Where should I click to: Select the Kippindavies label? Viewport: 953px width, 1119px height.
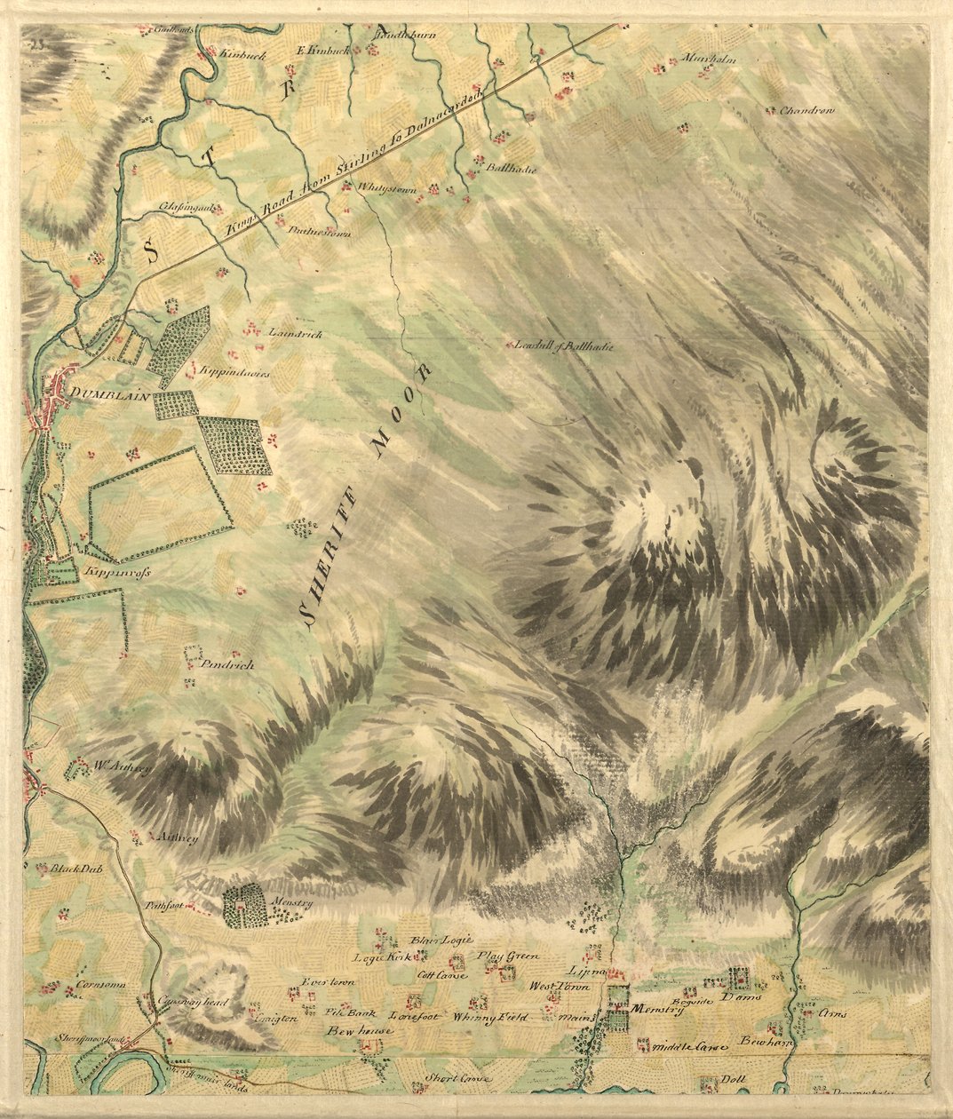(x=234, y=372)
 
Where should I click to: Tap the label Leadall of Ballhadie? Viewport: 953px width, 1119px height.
(x=564, y=346)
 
